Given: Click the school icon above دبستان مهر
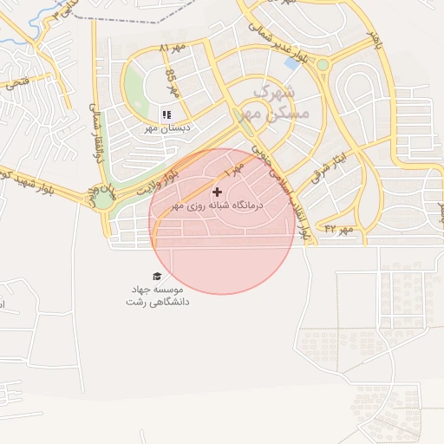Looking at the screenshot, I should (166, 114).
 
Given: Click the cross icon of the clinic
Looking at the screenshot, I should (216, 192).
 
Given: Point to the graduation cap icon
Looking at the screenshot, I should (157, 277).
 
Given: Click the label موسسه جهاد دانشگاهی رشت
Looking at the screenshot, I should (157, 296).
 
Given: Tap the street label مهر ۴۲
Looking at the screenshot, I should (340, 228).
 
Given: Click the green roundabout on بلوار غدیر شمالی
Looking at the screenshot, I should (323, 64).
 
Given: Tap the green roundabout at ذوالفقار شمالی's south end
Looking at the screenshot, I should (104, 199).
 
